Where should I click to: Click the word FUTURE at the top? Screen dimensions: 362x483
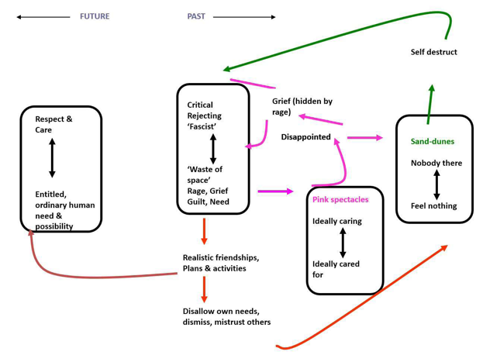pos(95,16)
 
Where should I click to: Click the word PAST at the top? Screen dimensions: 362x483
pos(195,16)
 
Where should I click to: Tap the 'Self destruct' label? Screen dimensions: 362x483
pos(433,52)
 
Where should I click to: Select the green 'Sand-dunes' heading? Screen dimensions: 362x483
pos(432,142)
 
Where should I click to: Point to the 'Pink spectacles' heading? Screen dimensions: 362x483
pos(340,200)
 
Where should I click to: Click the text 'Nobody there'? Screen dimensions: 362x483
pos(436,163)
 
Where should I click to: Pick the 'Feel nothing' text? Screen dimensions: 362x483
pos(433,206)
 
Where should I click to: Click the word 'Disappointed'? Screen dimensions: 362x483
pos(305,137)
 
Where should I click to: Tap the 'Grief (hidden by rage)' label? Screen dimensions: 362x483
pos(302,107)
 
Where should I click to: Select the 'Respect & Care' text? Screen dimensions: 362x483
pos(53,125)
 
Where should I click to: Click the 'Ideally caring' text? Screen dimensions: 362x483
pos(336,222)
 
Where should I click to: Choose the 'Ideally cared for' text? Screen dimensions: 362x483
pos(336,269)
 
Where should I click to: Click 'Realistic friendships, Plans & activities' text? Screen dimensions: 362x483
pos(220,263)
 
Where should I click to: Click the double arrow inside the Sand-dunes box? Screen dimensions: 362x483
pos(436,184)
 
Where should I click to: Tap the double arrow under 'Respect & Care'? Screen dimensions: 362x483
pos(53,159)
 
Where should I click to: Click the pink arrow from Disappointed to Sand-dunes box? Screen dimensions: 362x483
pos(364,138)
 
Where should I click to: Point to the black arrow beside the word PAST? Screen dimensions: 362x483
pos(243,16)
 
